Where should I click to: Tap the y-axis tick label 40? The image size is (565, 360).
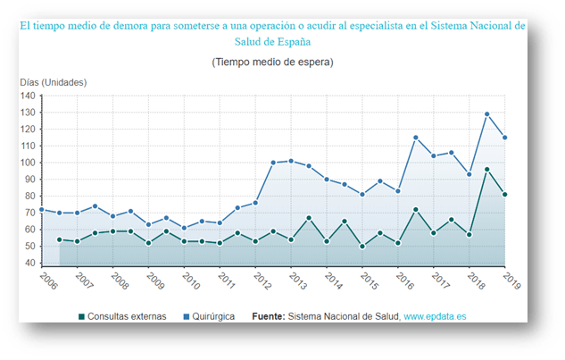(29, 264)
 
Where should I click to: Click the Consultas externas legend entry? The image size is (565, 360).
(117, 316)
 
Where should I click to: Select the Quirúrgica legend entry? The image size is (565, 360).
(213, 316)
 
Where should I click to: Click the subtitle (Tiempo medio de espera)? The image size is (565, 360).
(272, 63)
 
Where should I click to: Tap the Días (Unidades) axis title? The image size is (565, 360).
(53, 82)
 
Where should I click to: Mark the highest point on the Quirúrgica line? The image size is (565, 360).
(487, 114)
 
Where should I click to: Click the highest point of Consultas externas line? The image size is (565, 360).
(487, 170)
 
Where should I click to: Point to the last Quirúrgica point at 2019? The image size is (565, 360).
(505, 138)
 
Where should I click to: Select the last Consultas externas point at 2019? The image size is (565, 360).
(505, 195)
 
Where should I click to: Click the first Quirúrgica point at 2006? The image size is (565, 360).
(42, 210)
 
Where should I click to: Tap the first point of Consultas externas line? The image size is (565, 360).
(60, 239)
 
